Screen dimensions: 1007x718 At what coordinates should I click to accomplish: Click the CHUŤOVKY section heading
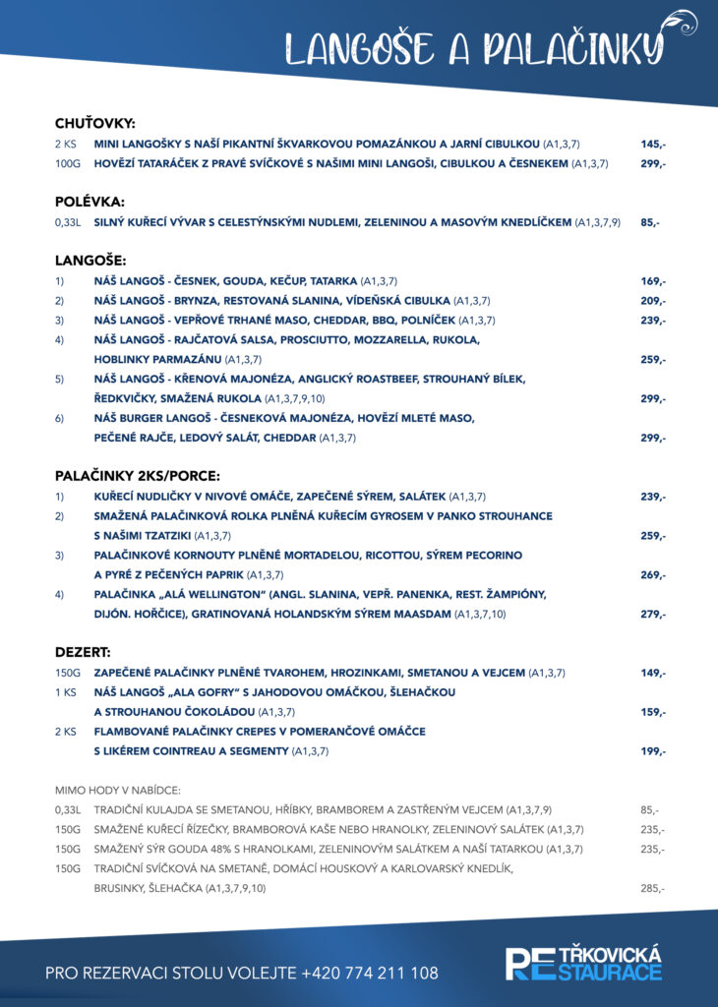[x=94, y=124]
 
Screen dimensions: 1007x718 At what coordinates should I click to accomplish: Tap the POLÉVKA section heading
[x=89, y=202]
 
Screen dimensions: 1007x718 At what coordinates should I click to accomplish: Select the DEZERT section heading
[x=83, y=652]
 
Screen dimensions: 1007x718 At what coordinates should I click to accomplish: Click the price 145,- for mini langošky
[x=652, y=144]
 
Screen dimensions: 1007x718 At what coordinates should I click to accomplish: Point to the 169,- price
[x=652, y=281]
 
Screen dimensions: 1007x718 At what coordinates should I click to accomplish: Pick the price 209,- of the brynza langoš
[x=652, y=301]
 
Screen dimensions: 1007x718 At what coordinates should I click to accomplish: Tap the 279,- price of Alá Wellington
[x=652, y=615]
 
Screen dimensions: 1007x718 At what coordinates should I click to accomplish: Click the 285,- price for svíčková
[x=651, y=888]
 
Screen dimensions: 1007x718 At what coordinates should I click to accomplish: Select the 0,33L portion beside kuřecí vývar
[x=69, y=222]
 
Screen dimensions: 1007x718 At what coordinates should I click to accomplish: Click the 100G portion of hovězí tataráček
[x=69, y=163]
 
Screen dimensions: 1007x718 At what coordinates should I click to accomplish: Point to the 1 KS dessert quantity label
[x=66, y=692]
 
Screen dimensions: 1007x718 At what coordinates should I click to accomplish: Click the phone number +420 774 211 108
[x=371, y=973]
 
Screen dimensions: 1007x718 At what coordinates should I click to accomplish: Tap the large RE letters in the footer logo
[x=524, y=964]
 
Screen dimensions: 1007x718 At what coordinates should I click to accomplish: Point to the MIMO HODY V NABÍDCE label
[x=118, y=790]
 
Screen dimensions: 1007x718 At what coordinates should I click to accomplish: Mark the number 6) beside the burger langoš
[x=59, y=419]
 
